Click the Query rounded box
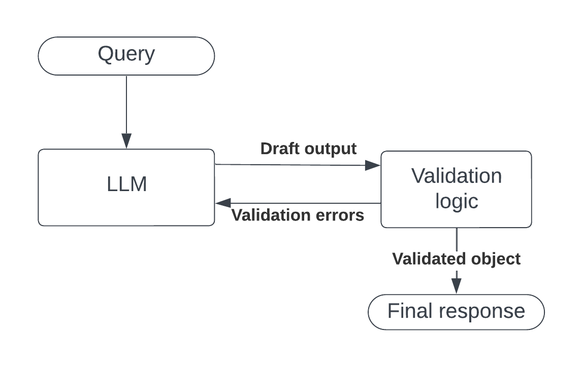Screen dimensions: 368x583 [x=126, y=56]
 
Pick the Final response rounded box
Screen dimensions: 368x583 [x=456, y=312]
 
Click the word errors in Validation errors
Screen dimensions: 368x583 [x=340, y=215]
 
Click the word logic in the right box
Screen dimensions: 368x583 [x=457, y=201]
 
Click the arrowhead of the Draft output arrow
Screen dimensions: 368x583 [x=373, y=165]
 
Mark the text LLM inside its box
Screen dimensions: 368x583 [x=127, y=185]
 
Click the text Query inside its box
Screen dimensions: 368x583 [x=126, y=54]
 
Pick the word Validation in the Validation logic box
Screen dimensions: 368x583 [x=457, y=176]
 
